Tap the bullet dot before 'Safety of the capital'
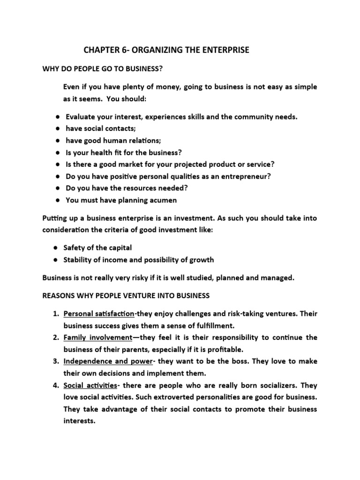click(x=56, y=247)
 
